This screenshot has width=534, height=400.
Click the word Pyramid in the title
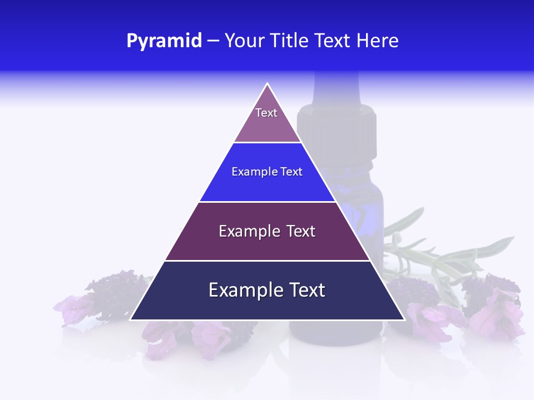(x=164, y=41)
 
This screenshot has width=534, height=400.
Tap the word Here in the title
(x=378, y=41)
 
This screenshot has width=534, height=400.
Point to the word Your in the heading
(x=244, y=41)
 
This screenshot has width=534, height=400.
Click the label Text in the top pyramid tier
(x=266, y=113)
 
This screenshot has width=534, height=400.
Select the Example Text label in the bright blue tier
(x=267, y=172)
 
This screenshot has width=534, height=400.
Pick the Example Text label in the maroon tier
(x=267, y=231)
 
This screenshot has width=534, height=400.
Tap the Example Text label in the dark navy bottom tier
(x=267, y=290)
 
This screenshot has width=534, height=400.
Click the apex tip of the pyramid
(x=268, y=84)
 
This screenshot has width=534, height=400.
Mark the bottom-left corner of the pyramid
(x=131, y=319)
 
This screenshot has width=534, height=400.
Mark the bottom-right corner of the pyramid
(x=404, y=319)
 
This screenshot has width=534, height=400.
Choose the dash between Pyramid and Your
(x=213, y=41)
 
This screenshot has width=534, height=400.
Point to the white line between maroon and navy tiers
(x=267, y=261)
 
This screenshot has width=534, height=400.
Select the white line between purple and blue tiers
(x=267, y=143)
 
